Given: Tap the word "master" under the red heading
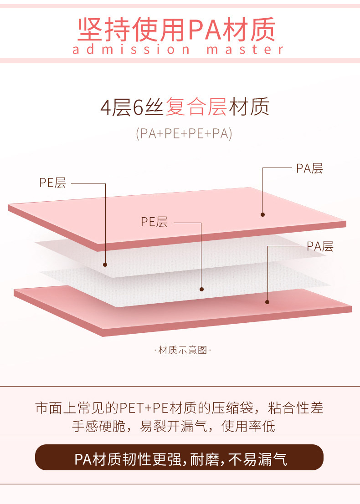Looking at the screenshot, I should (246, 49).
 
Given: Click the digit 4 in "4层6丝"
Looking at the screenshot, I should (106, 108).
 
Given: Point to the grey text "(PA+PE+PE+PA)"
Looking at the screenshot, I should (184, 134).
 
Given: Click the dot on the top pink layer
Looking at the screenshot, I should (263, 214).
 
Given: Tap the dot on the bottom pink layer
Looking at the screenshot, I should (267, 301).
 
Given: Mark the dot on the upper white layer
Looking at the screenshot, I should (105, 265).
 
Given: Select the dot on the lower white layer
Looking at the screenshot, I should (201, 289).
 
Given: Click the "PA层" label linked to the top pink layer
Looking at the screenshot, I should (309, 168).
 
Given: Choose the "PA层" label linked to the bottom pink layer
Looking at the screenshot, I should (320, 246).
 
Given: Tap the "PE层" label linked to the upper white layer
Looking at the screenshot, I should (52, 183).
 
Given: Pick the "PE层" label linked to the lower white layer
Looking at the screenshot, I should (154, 222).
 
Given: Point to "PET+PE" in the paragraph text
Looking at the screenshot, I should (141, 407).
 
